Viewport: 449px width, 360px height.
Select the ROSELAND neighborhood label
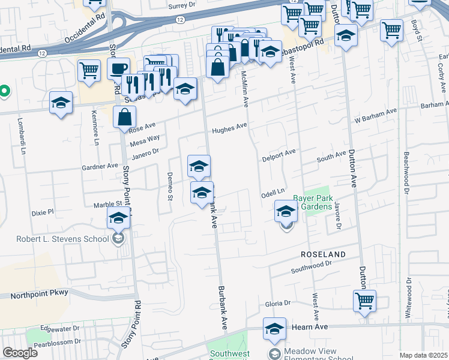[324, 254]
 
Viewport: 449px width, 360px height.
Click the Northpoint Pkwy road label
[40, 293]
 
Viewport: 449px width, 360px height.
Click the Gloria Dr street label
[277, 305]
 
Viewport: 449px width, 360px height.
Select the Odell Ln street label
[271, 195]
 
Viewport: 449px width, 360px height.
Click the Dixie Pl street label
[42, 212]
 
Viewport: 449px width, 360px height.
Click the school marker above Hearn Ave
[274, 328]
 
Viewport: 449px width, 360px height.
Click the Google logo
[20, 352]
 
